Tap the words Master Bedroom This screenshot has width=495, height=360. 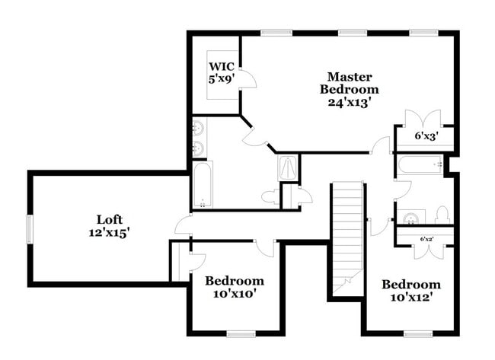[x=349, y=82]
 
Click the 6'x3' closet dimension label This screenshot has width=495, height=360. [x=425, y=137]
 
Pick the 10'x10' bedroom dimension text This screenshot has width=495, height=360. [x=235, y=294]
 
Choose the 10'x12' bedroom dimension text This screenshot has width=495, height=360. [x=411, y=298]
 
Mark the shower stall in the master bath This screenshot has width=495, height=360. [x=289, y=167]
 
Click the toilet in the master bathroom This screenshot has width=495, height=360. [x=270, y=197]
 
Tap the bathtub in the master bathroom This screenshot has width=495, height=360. [x=203, y=185]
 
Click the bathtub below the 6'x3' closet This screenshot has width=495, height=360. [x=420, y=164]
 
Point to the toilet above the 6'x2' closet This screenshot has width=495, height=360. [x=442, y=215]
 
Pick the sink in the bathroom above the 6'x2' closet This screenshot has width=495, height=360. [x=410, y=219]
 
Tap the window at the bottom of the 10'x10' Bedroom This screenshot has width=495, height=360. [x=241, y=333]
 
